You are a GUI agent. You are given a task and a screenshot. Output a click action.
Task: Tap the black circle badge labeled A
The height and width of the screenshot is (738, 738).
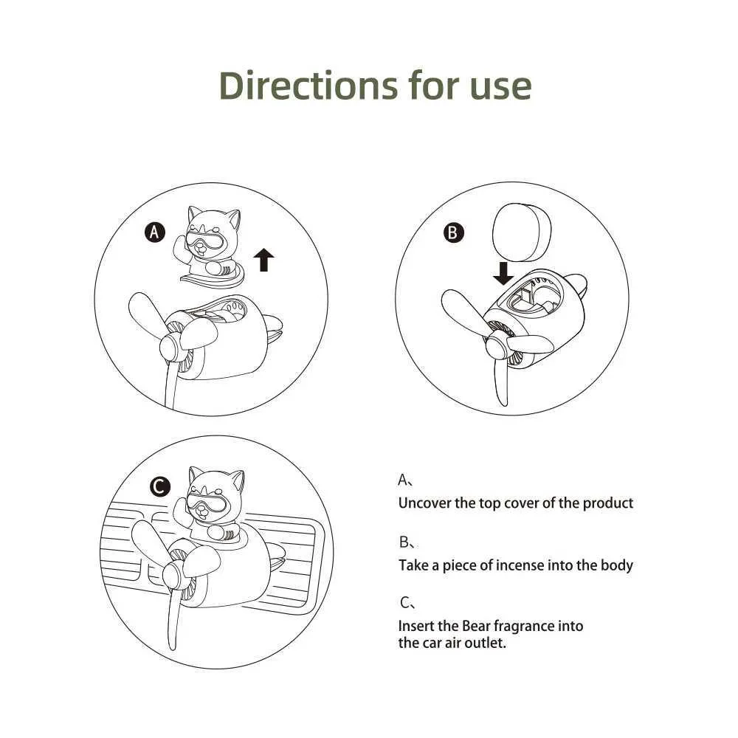pos(154,233)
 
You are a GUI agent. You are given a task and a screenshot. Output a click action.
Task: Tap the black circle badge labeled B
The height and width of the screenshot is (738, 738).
pos(453,233)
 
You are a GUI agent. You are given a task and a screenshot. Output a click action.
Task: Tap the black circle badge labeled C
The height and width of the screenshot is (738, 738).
pos(160,486)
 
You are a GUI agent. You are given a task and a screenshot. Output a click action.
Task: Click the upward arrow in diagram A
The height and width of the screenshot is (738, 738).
pos(263,260)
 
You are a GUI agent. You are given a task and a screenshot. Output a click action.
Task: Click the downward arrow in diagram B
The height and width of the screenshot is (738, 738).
pos(503,274)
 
